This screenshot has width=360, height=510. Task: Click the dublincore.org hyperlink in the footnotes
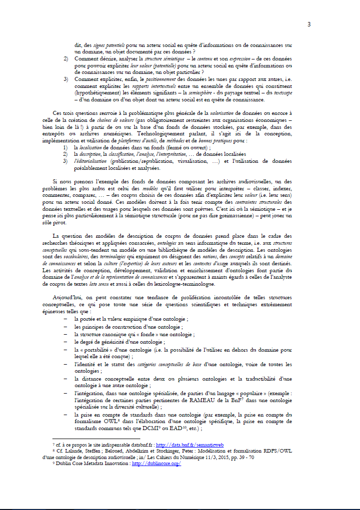click(x=156, y=464)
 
